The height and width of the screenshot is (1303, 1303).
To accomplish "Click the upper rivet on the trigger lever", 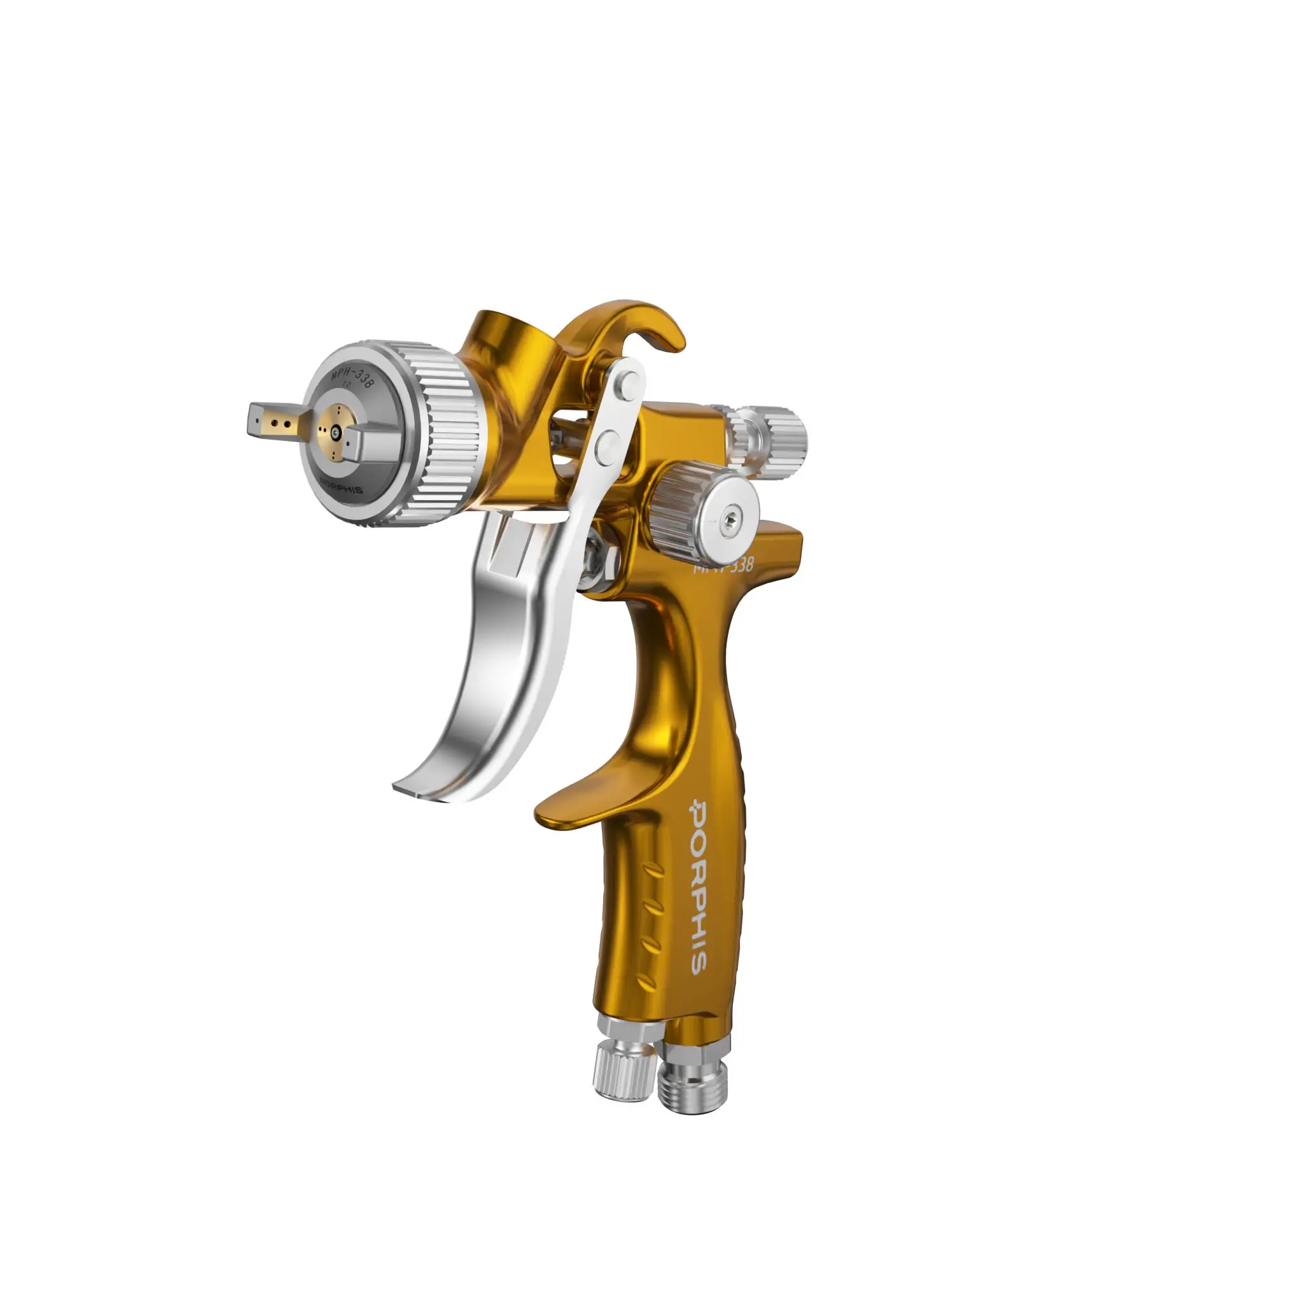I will tap(630, 383).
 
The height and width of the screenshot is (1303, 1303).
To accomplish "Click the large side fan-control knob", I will tap(681, 513).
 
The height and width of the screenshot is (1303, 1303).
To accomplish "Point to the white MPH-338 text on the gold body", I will tap(725, 565).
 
